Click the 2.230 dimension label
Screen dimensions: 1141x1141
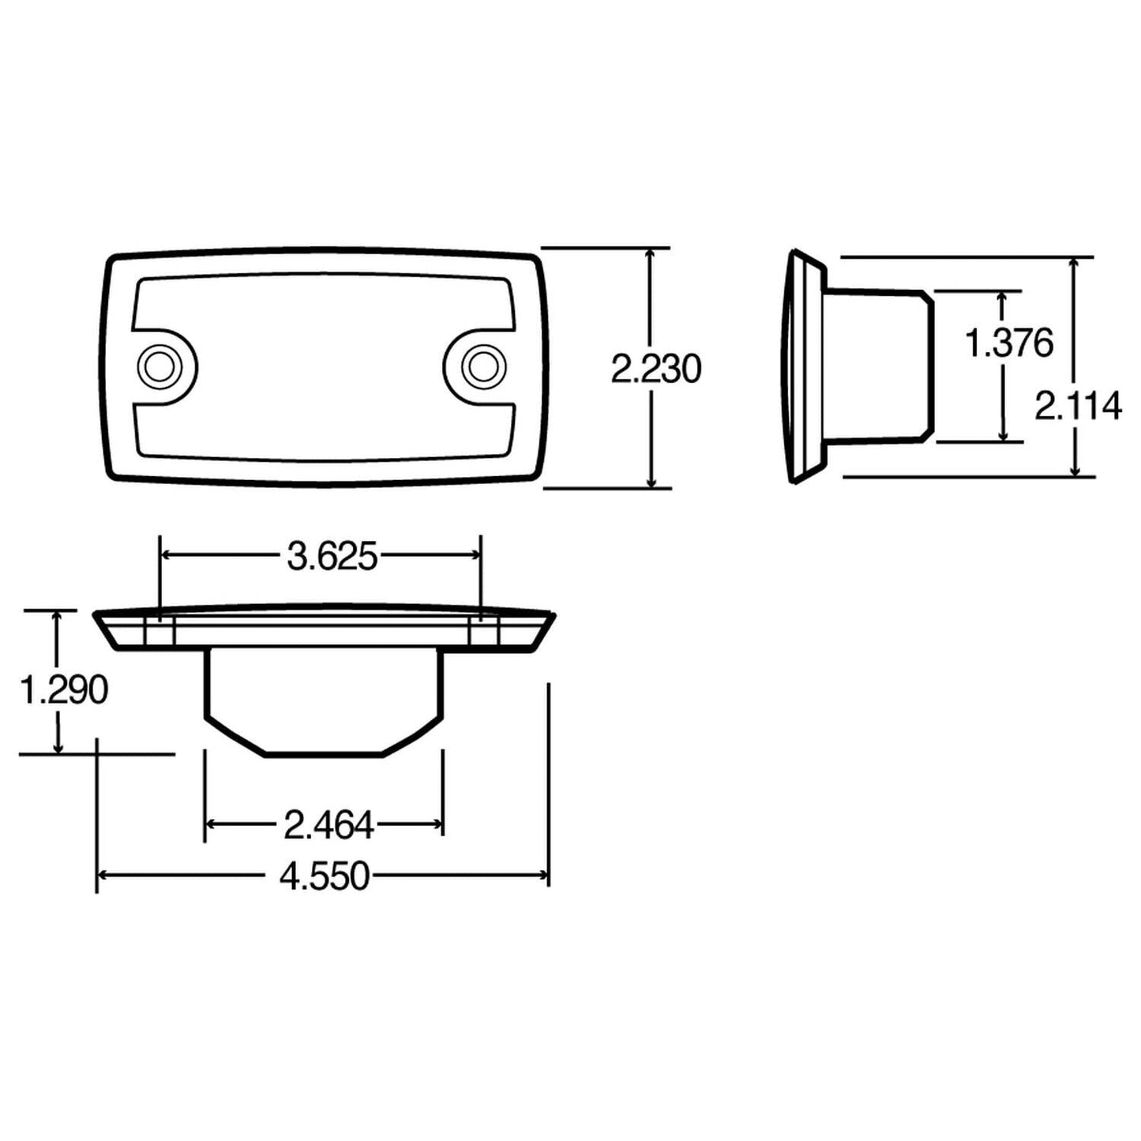click(655, 370)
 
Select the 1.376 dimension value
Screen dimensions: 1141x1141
click(1009, 343)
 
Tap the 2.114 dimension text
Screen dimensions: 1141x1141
click(1078, 406)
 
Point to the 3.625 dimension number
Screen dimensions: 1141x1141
click(332, 557)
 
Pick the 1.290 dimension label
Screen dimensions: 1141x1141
click(63, 690)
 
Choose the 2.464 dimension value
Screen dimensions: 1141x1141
click(328, 826)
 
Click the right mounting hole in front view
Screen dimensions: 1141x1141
click(479, 366)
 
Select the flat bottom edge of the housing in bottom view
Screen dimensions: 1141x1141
click(324, 755)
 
